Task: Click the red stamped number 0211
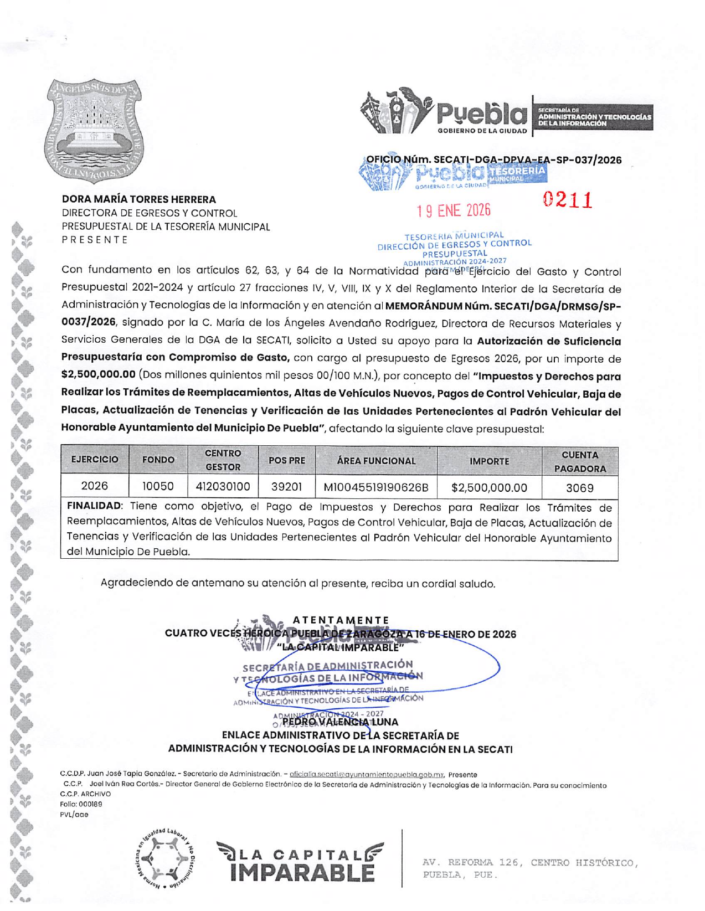[x=568, y=200]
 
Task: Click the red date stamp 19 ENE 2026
[x=454, y=210]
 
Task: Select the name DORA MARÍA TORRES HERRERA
[x=139, y=199]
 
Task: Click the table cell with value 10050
[x=158, y=486]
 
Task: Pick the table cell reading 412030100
[x=223, y=487]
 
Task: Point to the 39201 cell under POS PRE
[x=286, y=487]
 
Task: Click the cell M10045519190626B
[x=376, y=487]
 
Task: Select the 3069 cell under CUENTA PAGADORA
[x=579, y=488]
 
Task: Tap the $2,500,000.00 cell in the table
[x=489, y=488]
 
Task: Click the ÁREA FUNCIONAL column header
[x=376, y=461]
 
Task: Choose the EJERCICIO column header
[x=95, y=460]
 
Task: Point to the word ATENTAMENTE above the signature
[x=341, y=620]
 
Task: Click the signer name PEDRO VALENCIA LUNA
[x=340, y=722]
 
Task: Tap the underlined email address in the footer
[x=367, y=775]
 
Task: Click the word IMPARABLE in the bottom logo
[x=302, y=873]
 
